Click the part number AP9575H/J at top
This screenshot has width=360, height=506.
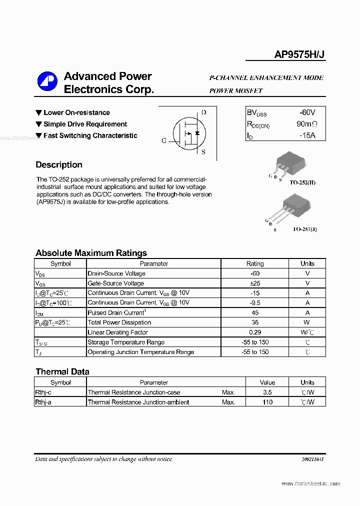click(299, 55)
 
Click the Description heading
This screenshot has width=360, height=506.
click(59, 165)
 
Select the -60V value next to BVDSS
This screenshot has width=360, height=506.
click(307, 112)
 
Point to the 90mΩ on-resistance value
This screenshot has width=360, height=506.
click(306, 124)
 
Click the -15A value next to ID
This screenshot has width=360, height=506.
click(307, 135)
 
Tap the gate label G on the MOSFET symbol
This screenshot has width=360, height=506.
click(164, 140)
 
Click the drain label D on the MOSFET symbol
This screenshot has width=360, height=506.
click(203, 112)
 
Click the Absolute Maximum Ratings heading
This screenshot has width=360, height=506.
click(91, 253)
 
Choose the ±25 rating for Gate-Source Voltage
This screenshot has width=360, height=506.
click(255, 283)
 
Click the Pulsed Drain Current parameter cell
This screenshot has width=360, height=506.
click(116, 312)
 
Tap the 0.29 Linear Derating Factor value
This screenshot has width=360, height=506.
click(255, 332)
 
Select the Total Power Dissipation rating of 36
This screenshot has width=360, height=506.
click(255, 322)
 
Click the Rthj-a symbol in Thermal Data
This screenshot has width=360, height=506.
click(43, 402)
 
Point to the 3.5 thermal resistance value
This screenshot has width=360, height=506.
click(267, 392)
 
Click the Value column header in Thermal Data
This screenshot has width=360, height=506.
click(267, 382)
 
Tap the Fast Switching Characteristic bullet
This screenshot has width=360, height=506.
click(90, 135)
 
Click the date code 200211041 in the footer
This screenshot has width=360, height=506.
click(312, 459)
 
